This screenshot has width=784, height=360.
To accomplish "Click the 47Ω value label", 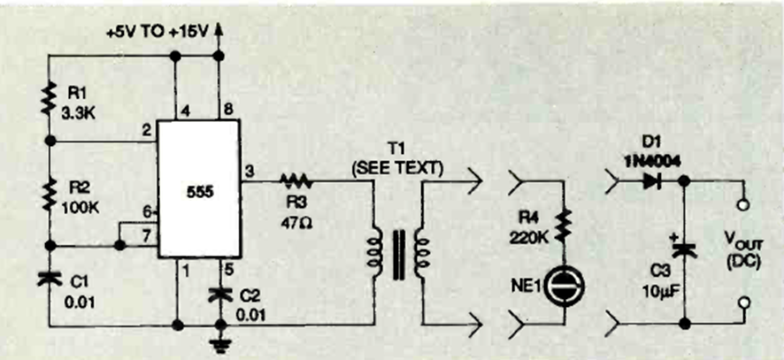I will point(296,212).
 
